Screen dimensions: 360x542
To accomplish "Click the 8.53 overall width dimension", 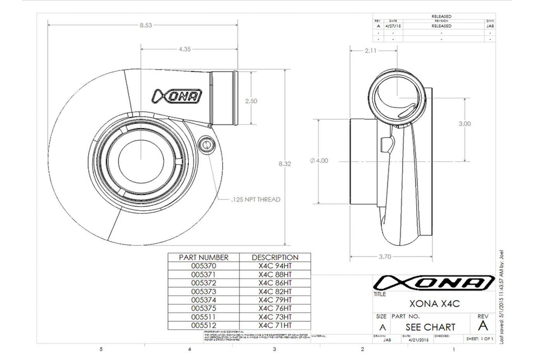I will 146,26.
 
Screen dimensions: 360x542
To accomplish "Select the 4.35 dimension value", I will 185,50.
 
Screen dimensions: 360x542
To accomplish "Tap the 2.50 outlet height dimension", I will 251,101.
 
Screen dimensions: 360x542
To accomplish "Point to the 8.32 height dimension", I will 285,164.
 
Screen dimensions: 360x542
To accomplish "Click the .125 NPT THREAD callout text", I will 255,200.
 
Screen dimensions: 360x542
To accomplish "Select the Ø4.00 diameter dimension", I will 319,161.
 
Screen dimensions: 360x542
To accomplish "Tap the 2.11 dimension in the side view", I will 370,51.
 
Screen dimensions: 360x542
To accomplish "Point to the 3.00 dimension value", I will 465,124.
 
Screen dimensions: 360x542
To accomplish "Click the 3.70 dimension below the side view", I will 384,257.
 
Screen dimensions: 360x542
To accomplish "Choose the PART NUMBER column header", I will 204,257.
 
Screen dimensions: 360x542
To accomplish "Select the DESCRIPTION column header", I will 275,257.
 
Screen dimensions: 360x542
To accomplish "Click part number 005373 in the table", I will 204,291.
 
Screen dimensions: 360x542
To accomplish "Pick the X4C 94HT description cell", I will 275,266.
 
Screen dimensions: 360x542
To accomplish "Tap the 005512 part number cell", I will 204,326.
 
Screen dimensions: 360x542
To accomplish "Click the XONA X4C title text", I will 434,304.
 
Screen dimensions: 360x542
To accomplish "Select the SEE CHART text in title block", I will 430,327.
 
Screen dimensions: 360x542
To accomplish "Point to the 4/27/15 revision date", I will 393,26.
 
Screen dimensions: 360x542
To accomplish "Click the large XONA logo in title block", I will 434,283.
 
